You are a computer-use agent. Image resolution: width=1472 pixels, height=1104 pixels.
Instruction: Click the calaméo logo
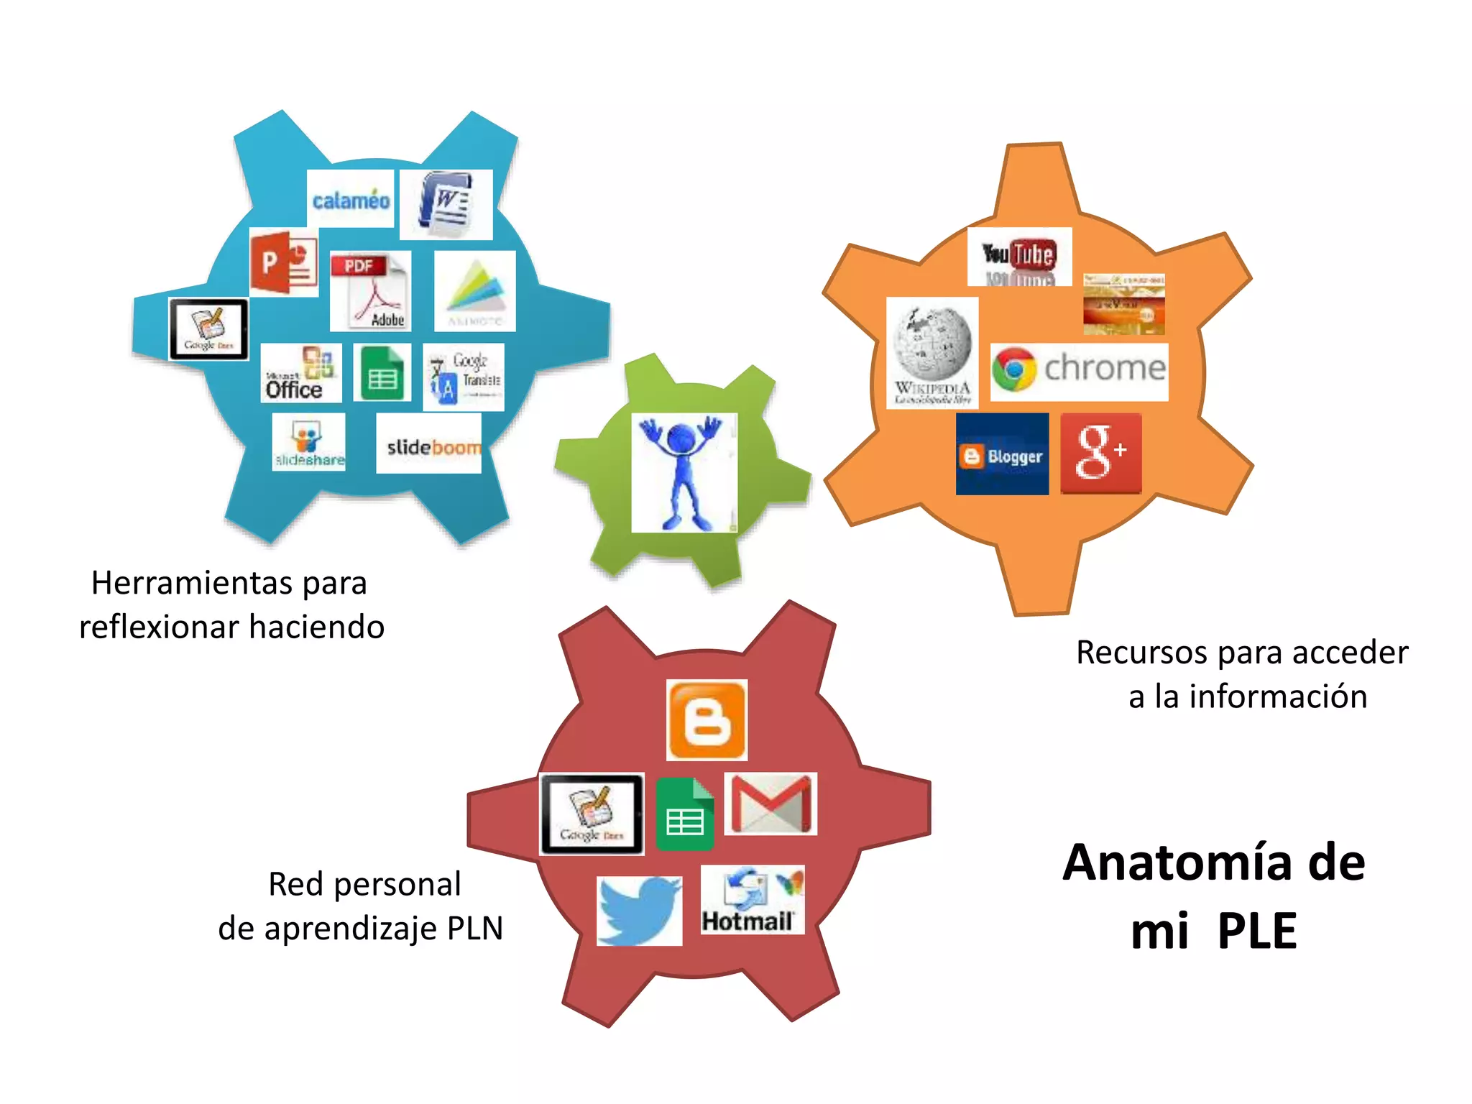pos(350,199)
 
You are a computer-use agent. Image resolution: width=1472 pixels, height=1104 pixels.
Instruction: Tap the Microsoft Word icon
pos(446,204)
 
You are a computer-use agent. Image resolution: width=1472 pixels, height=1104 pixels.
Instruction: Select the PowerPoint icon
pos(284,262)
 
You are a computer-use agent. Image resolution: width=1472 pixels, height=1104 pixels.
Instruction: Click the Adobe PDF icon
pos(370,291)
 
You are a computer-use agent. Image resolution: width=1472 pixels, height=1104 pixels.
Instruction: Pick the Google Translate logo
pos(464,377)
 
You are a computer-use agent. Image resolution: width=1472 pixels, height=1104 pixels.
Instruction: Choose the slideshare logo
pos(308,442)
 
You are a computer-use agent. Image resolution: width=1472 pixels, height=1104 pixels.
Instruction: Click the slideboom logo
pos(429,443)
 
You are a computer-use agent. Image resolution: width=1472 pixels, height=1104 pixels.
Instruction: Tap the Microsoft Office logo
pos(300,373)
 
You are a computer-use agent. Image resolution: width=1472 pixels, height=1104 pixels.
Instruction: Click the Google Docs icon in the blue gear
pos(208,329)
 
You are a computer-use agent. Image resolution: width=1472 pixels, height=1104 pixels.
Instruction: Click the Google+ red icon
pos(1100,453)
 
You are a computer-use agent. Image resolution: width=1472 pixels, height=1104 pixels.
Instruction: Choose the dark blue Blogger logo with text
pos(1002,454)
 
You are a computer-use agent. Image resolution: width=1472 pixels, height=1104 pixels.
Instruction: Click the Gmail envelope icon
pos(770,804)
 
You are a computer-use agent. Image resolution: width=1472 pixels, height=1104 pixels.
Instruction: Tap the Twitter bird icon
pos(639,910)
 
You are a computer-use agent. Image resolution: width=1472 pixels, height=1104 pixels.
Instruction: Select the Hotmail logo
pos(752,900)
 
